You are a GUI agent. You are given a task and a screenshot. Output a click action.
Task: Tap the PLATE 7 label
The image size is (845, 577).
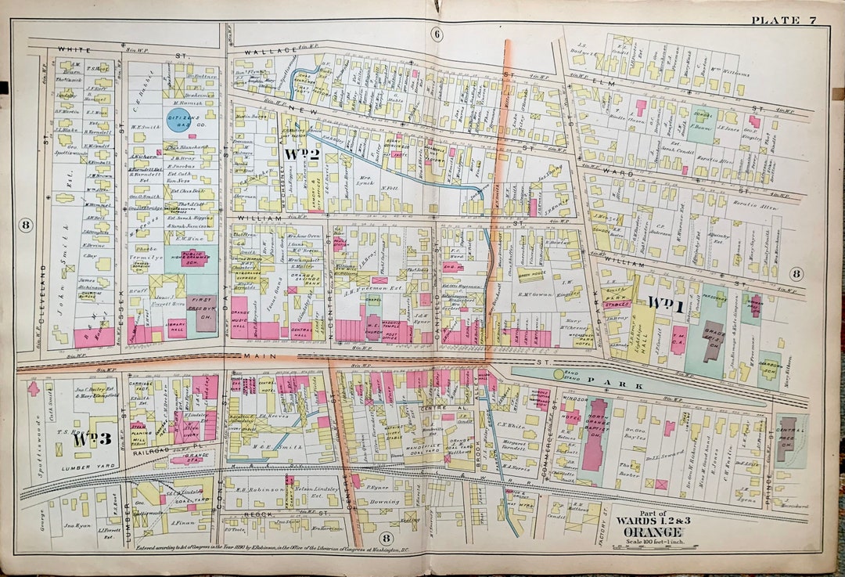pyautogui.click(x=783, y=20)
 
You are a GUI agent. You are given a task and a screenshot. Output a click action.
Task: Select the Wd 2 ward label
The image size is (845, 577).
pyautogui.click(x=300, y=153)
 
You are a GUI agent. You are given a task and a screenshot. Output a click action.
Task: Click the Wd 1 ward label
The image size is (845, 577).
pyautogui.click(x=666, y=305)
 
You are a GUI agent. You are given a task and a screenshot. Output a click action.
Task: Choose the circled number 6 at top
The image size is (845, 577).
pyautogui.click(x=437, y=34)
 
